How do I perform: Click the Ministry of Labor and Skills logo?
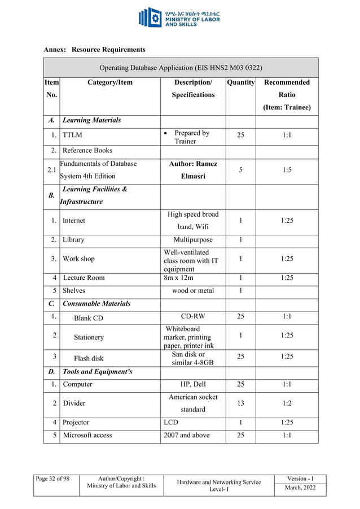coord(179,17)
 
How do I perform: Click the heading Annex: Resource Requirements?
coord(94,50)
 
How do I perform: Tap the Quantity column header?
coord(241,82)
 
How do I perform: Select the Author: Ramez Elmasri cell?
coord(193,169)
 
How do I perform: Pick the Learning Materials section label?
coord(91,120)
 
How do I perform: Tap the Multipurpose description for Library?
coord(193,239)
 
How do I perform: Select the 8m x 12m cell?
coord(178,278)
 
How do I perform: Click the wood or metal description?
coord(193,291)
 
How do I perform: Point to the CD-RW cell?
coord(193,316)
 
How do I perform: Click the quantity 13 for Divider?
coord(241,403)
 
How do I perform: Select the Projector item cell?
coord(76,422)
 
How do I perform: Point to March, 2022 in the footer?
coord(305,488)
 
